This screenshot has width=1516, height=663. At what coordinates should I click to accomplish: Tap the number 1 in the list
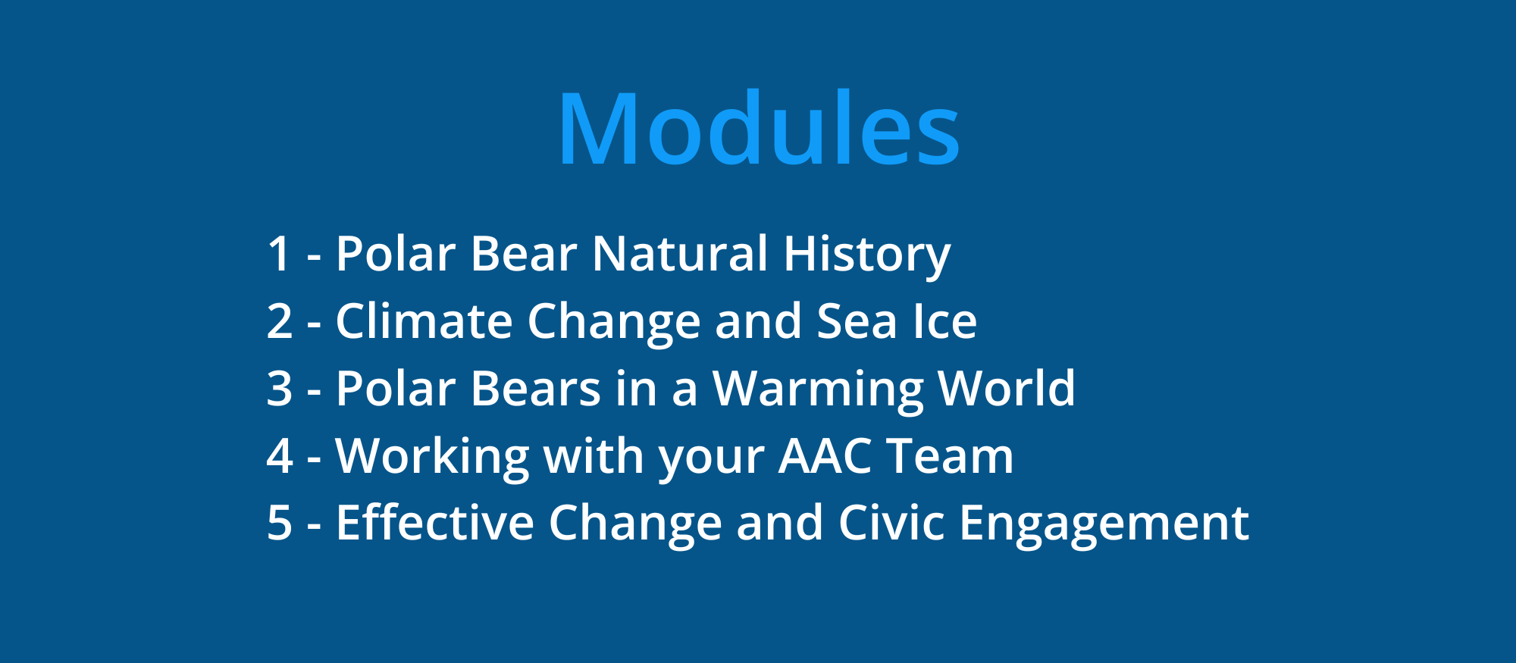point(280,253)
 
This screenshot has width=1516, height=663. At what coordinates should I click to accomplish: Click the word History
point(867,256)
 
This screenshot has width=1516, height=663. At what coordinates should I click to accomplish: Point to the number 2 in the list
point(280,321)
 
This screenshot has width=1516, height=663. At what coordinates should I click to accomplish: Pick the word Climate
point(424,321)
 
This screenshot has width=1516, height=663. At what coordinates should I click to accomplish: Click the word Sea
point(857,321)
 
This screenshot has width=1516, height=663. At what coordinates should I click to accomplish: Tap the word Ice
point(945,321)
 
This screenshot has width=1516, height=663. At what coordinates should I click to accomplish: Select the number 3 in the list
point(280,388)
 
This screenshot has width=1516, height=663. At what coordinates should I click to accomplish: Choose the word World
point(1007,387)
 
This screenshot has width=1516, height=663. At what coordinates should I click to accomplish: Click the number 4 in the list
point(280,455)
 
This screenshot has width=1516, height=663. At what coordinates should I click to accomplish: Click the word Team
point(950,455)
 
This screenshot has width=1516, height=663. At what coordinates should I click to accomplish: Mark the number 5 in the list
point(280,523)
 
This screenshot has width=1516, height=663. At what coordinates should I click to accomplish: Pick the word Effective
point(435,522)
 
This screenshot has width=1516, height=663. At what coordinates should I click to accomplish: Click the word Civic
point(891,522)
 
